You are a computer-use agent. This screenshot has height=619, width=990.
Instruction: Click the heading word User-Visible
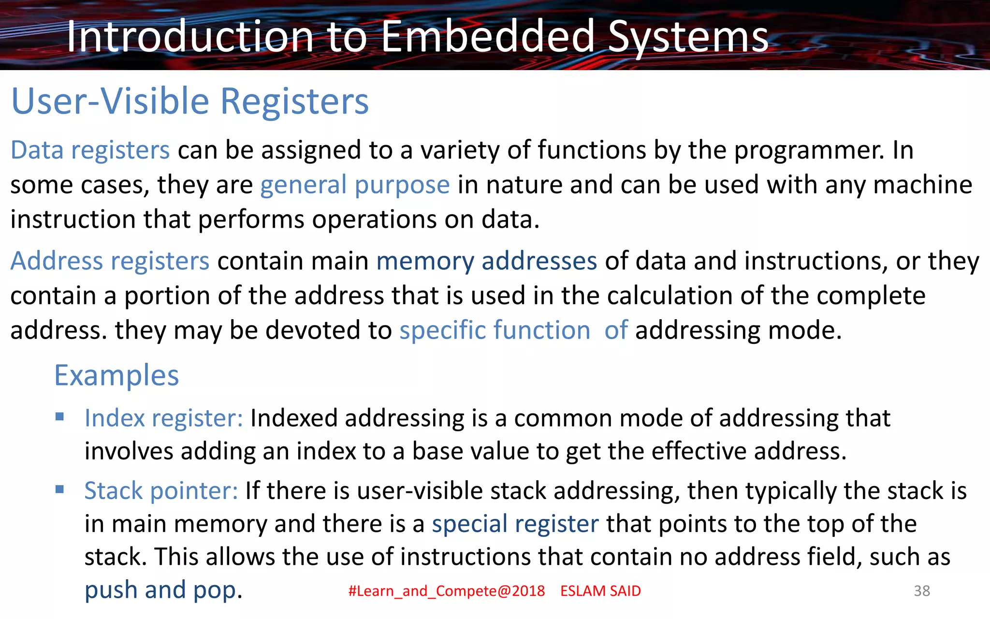(110, 101)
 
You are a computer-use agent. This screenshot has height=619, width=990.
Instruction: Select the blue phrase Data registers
(90, 150)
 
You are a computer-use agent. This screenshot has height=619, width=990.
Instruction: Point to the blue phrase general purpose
(355, 185)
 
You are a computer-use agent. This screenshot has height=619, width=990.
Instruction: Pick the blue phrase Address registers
(110, 261)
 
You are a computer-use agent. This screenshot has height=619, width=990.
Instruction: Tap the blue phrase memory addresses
(486, 261)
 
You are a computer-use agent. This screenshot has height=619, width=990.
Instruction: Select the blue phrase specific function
(495, 330)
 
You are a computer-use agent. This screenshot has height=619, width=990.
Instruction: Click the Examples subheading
(116, 375)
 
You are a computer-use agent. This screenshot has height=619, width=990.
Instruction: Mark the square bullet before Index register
(60, 417)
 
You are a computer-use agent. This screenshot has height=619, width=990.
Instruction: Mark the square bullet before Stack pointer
(60, 489)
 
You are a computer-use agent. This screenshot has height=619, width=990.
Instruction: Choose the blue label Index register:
(163, 418)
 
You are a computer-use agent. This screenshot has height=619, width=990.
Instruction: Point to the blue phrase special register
(515, 524)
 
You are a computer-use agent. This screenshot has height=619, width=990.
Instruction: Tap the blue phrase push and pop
(160, 590)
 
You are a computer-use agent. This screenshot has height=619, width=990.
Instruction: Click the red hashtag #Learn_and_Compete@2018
(446, 591)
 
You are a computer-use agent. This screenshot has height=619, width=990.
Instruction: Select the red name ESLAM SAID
(600, 591)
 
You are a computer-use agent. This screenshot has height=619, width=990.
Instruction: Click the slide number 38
(921, 591)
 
